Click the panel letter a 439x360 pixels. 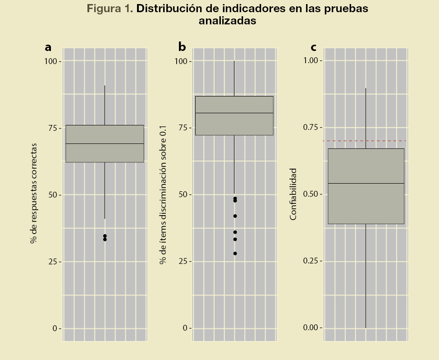(48, 47)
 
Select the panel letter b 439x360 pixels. (182, 47)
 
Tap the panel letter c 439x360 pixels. (313, 47)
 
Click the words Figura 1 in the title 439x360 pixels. (109, 9)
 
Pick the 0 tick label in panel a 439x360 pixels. (55, 328)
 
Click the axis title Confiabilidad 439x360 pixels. (293, 194)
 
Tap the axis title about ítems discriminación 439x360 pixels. (163, 194)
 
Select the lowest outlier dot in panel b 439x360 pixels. (235, 254)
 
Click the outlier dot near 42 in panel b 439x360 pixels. (235, 216)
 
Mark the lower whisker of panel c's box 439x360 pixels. (366, 275)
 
